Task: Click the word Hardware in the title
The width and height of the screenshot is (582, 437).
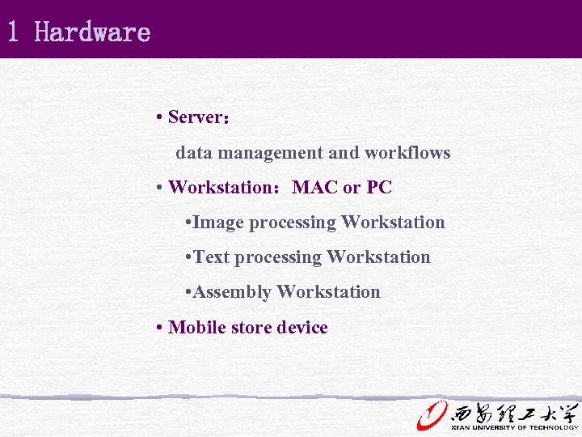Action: coord(93,32)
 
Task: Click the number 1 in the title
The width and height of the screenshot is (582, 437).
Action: coord(13,32)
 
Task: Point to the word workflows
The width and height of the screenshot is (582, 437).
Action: coord(407,153)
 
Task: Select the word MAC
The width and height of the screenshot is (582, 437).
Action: coord(314,188)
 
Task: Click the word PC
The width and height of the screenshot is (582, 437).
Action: coord(379,188)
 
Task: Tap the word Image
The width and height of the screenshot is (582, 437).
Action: coord(219,223)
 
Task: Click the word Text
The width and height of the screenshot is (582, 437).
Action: coord(212,257)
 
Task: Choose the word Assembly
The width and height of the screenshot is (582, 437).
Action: coord(233,292)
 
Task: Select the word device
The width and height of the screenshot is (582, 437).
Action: coord(302,328)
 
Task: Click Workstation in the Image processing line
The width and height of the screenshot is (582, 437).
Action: coord(393,223)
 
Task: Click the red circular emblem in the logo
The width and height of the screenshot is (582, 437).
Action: coord(432,414)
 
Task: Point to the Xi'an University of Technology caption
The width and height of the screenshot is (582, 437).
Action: coord(515,426)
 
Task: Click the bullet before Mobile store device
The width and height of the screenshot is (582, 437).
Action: coord(161,328)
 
